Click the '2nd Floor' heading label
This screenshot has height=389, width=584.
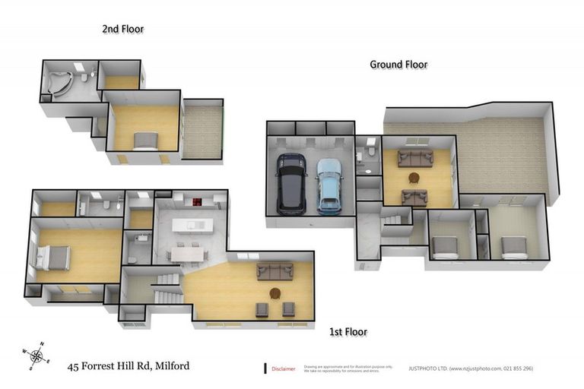pos(122,29)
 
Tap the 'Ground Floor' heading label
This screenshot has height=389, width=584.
pos(398,65)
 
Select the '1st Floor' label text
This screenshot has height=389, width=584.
pos(348,332)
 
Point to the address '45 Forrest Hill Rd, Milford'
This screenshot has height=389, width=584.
pos(129,366)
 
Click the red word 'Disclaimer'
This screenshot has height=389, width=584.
pos(285,368)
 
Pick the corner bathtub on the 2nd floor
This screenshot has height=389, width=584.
pos(59,83)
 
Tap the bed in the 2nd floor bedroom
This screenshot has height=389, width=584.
pos(146,141)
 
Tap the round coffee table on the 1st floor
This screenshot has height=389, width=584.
pos(275,293)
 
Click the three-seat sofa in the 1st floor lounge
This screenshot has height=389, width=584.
pos(275,270)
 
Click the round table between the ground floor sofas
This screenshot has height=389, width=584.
pos(414,178)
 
